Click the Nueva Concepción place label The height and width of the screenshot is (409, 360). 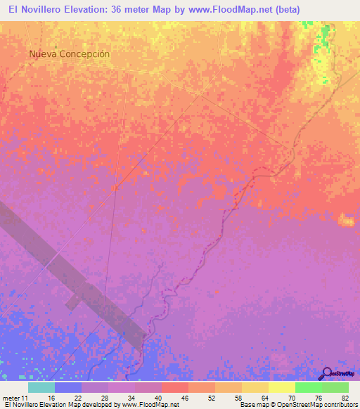(x=70, y=53)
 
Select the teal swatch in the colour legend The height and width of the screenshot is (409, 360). (x=41, y=387)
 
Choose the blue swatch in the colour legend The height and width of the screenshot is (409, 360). (x=68, y=387)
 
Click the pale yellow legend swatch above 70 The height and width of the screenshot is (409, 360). (x=281, y=387)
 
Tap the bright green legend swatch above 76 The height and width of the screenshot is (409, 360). (x=308, y=387)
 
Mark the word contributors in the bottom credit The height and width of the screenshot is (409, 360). (x=337, y=405)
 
